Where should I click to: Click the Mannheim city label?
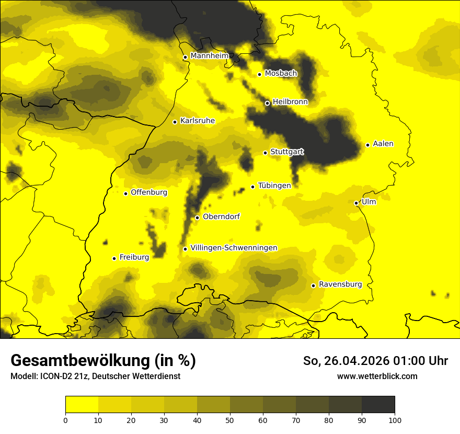point(210,56)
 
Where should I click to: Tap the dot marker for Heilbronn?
point(267,103)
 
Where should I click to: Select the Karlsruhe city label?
point(197,121)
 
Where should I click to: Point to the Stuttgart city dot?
point(265,153)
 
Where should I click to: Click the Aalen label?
point(383,144)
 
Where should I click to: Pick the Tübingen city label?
point(274,186)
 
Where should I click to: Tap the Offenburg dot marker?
point(125,193)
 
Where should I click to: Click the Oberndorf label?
point(221,216)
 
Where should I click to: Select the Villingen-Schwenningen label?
point(234,248)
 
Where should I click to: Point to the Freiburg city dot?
point(114,258)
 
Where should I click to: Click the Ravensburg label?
point(340,284)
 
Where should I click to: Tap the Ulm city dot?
point(356,203)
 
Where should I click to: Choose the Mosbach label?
point(281,73)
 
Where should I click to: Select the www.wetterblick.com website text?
point(377,376)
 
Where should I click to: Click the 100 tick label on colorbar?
point(395,419)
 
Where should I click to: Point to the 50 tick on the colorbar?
point(230,419)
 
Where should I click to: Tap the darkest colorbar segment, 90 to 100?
point(378,405)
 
